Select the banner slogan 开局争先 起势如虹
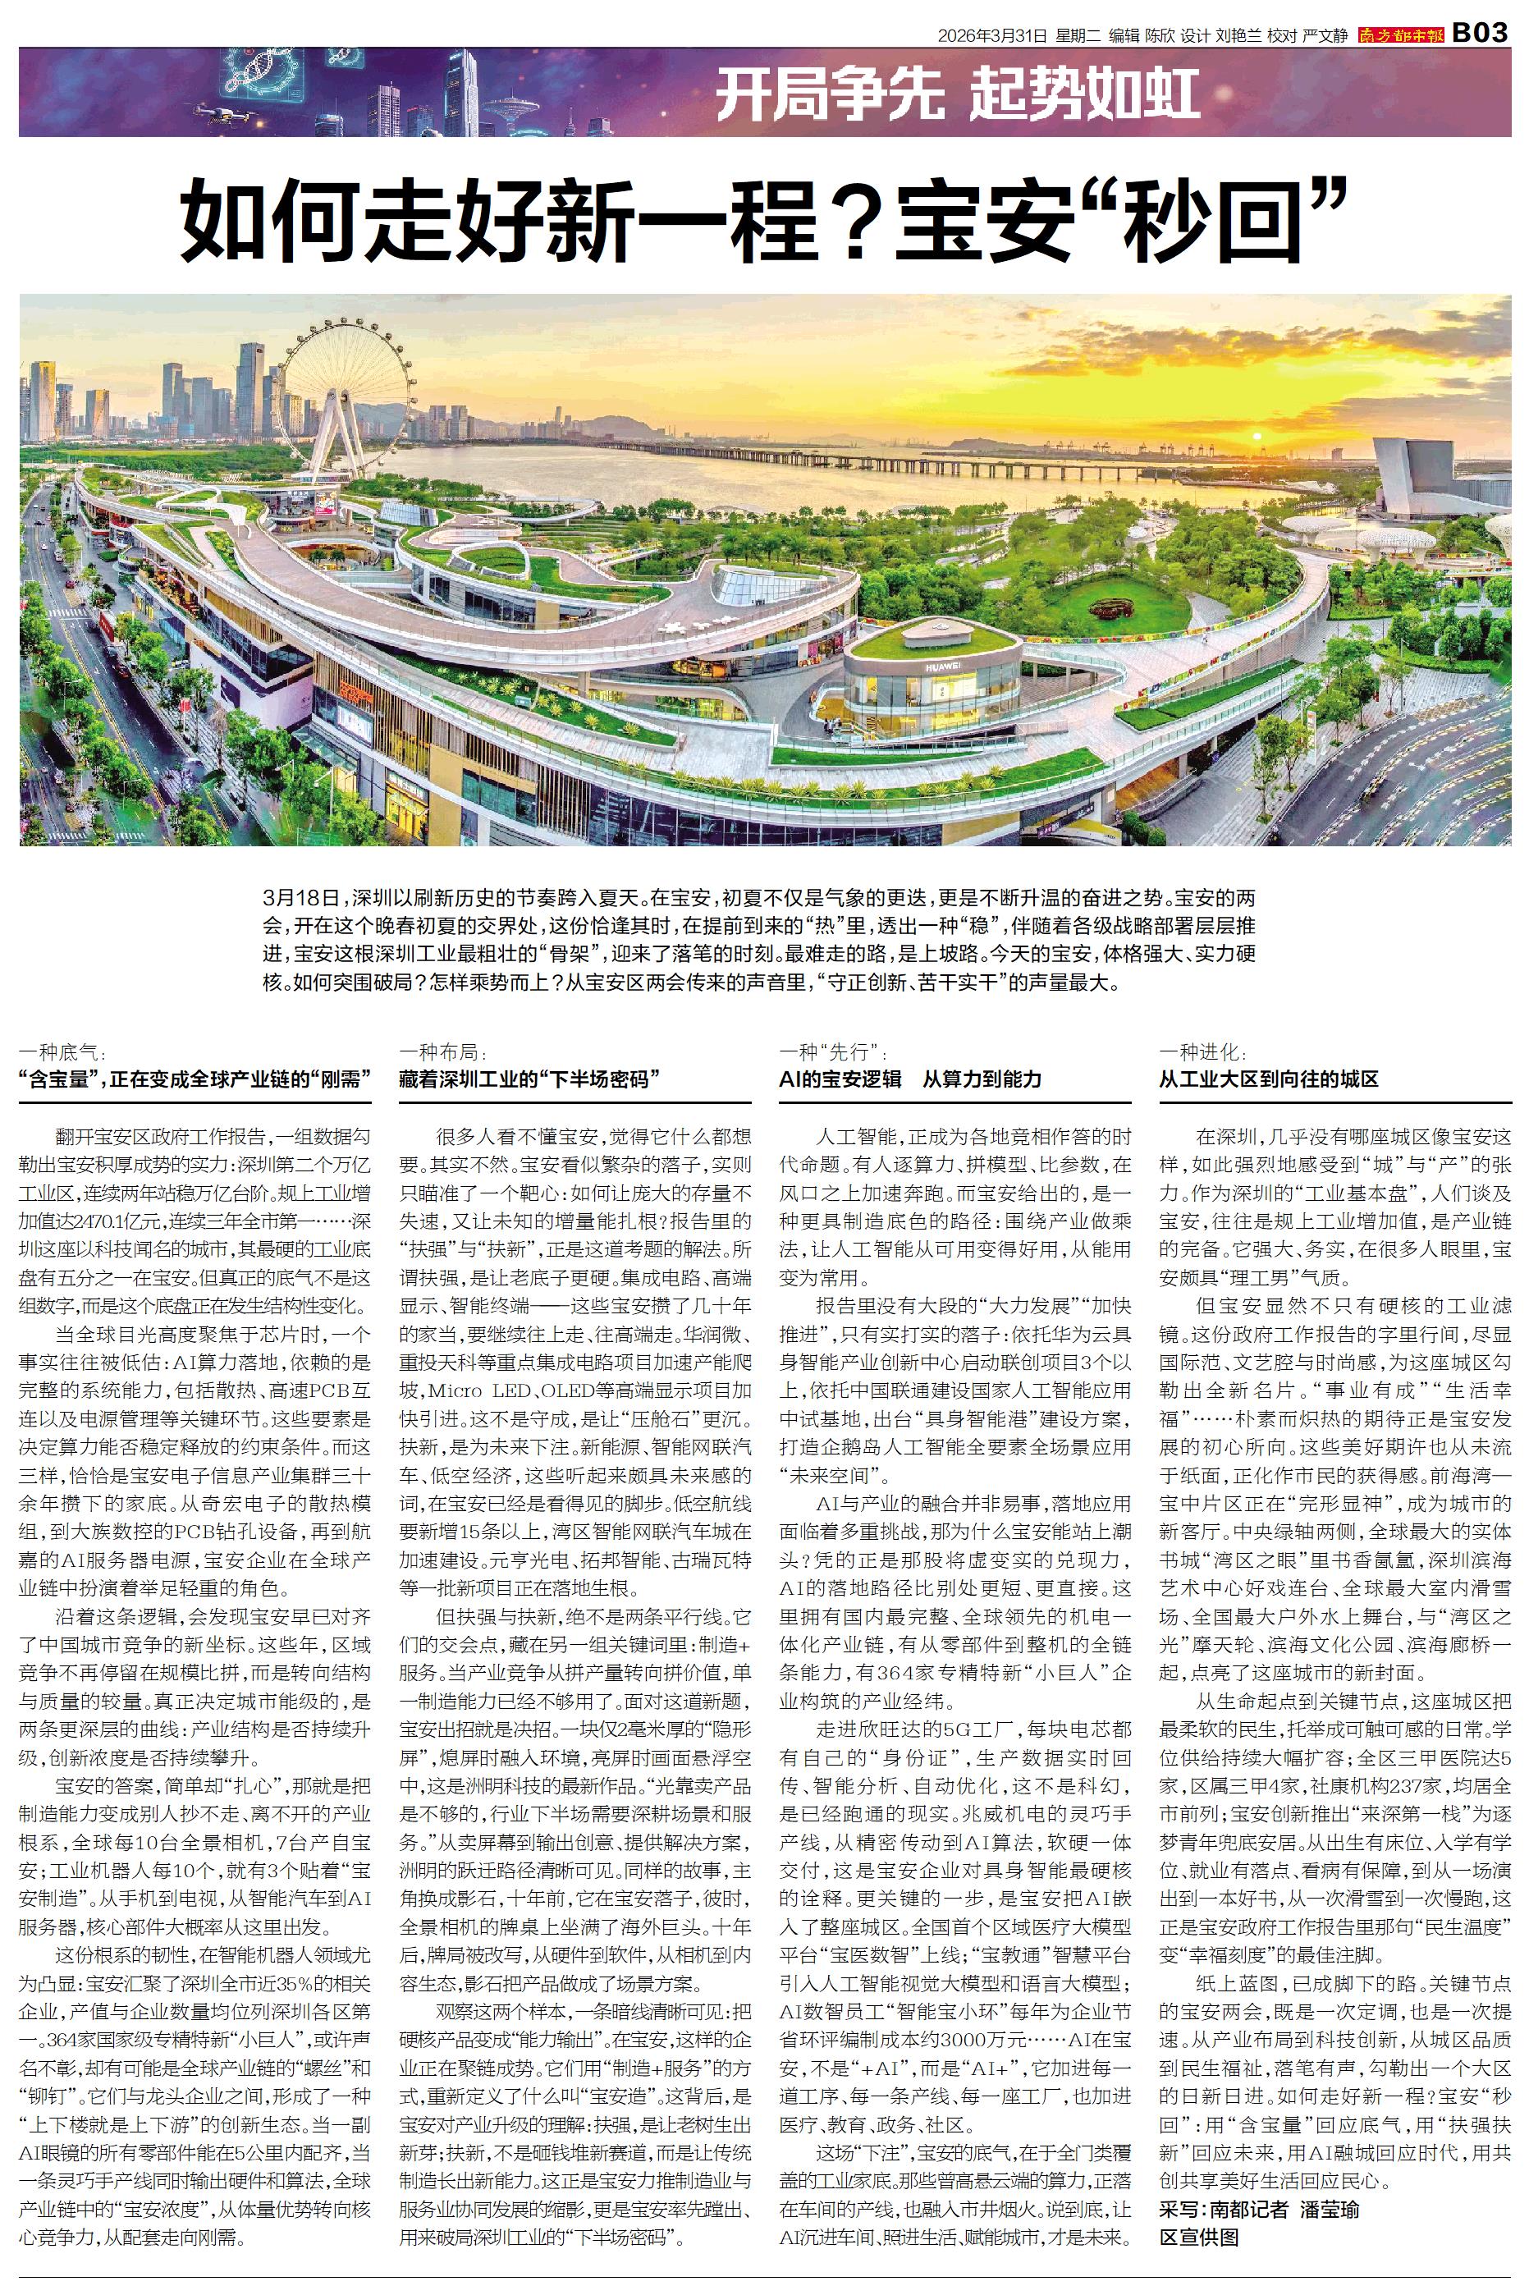(x=958, y=95)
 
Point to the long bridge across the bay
(x=975, y=458)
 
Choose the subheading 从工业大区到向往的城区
(x=1268, y=1079)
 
